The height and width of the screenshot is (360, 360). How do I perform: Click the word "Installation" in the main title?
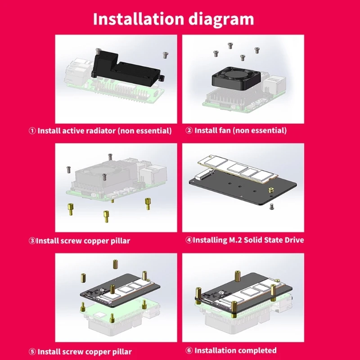click(x=139, y=18)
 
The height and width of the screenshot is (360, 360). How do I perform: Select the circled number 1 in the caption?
click(x=32, y=130)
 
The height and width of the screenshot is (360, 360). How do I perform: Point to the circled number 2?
click(x=189, y=130)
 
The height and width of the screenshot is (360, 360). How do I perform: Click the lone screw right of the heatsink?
click(x=166, y=55)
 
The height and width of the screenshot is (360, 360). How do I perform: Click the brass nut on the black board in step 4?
click(x=271, y=190)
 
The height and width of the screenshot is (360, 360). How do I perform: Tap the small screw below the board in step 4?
click(x=272, y=207)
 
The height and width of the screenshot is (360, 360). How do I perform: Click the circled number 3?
click(x=32, y=241)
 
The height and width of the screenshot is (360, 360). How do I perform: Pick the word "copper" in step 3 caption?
click(x=96, y=241)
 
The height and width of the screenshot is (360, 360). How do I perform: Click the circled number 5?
click(x=32, y=351)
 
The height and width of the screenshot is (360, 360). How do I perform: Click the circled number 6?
click(x=189, y=351)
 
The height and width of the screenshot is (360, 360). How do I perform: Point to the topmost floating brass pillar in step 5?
click(x=116, y=264)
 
